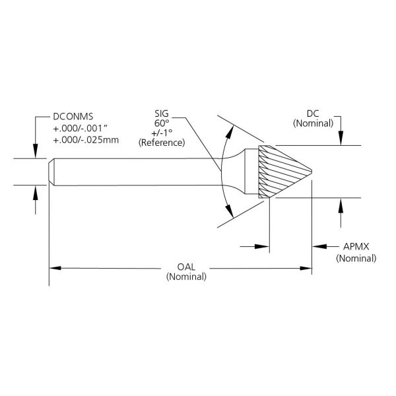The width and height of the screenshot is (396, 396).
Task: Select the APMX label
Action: (356, 247)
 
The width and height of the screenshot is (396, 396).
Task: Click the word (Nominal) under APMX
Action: (356, 257)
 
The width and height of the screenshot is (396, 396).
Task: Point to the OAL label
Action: (187, 267)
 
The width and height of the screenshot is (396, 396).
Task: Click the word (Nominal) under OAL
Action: (187, 277)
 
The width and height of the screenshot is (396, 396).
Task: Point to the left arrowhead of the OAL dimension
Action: (55, 268)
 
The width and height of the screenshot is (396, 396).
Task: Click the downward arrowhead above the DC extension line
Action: (340, 139)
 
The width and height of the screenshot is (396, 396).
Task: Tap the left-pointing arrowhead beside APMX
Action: (315, 247)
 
